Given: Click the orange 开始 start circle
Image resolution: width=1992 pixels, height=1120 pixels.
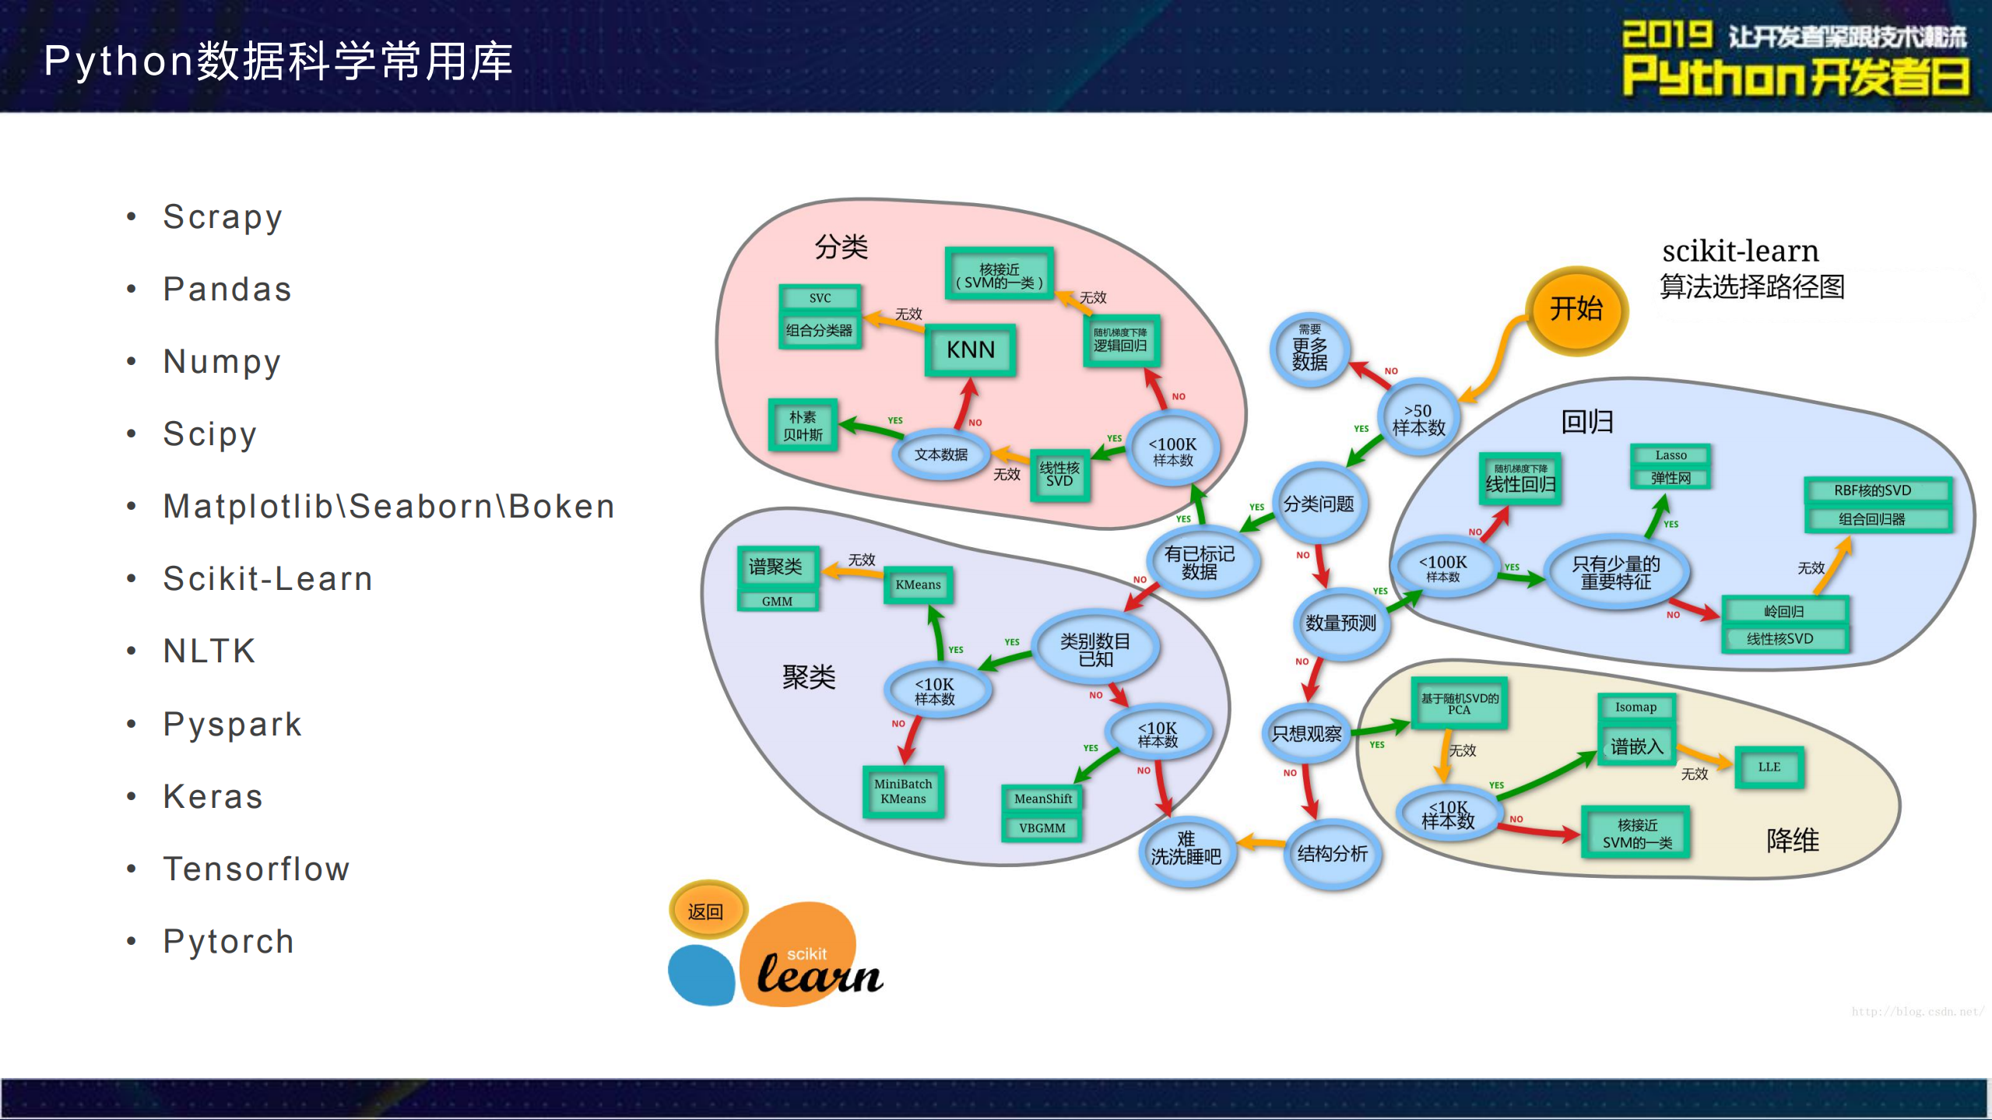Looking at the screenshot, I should pyautogui.click(x=1576, y=311).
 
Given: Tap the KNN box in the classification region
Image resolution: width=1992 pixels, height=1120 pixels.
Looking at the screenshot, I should pyautogui.click(x=970, y=350).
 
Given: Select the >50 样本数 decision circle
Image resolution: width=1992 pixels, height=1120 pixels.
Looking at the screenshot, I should pyautogui.click(x=1418, y=420).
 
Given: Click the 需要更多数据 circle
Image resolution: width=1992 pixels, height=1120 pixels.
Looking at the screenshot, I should pyautogui.click(x=1309, y=349).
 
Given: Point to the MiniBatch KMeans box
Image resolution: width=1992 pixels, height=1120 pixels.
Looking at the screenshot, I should pyautogui.click(x=903, y=792).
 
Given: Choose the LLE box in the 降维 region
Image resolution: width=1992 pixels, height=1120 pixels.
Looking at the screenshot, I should pyautogui.click(x=1769, y=767).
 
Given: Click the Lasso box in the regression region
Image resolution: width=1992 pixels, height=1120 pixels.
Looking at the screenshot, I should pyautogui.click(x=1671, y=455).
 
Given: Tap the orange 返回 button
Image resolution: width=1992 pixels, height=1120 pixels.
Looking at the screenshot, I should pyautogui.click(x=707, y=911).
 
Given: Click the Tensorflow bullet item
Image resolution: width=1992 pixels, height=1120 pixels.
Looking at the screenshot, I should pyautogui.click(x=256, y=869).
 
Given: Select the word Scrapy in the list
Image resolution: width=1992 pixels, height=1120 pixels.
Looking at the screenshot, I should pyautogui.click(x=223, y=217).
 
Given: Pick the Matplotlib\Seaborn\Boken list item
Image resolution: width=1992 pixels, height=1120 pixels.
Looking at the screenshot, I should pyautogui.click(x=388, y=507).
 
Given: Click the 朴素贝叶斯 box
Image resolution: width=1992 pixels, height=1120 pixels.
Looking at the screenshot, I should pyautogui.click(x=803, y=426).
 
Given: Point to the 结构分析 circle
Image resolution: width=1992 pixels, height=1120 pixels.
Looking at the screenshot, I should pyautogui.click(x=1332, y=854).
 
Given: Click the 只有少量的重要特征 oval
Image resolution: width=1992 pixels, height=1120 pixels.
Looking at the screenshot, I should pyautogui.click(x=1615, y=573).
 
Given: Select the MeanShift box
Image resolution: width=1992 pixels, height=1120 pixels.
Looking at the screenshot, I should pyautogui.click(x=1042, y=799).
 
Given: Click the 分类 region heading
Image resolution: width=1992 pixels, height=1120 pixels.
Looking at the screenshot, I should pyautogui.click(x=841, y=247).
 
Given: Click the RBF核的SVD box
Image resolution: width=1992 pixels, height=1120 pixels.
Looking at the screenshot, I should pyautogui.click(x=1872, y=490).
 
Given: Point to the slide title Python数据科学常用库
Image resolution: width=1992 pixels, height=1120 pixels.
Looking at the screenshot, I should pyautogui.click(x=278, y=61).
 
